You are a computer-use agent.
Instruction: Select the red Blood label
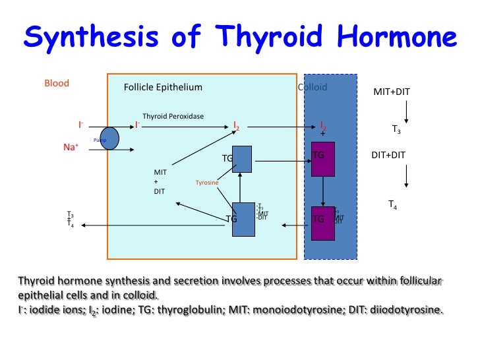pyautogui.click(x=57, y=84)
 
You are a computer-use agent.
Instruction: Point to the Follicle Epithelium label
pyautogui.click(x=163, y=87)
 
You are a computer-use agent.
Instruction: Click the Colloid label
pyautogui.click(x=313, y=87)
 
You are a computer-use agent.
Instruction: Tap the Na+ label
pyautogui.click(x=71, y=148)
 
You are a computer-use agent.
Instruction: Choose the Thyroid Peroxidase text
pyautogui.click(x=173, y=117)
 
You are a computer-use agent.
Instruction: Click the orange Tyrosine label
pyautogui.click(x=207, y=183)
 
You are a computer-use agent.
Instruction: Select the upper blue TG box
pyautogui.click(x=242, y=159)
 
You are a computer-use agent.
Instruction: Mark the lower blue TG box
pyautogui.click(x=243, y=218)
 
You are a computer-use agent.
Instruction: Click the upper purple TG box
pyautogui.click(x=323, y=159)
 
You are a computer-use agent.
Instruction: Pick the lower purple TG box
pyautogui.click(x=323, y=223)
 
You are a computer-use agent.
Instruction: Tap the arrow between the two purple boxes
pyautogui.click(x=323, y=191)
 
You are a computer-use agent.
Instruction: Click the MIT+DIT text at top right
pyautogui.click(x=392, y=92)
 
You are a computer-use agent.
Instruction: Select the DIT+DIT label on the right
pyautogui.click(x=388, y=155)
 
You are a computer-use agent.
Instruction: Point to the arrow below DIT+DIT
pyautogui.click(x=407, y=175)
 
